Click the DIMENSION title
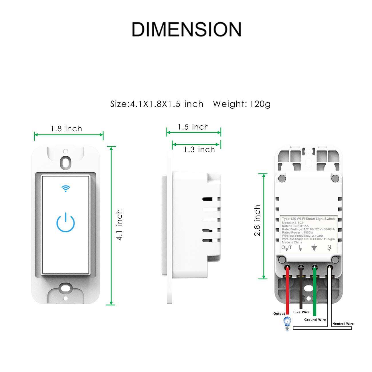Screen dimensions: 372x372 (x=186, y=29)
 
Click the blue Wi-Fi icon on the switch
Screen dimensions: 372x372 (x=66, y=188)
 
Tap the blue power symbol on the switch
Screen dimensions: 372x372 (x=66, y=222)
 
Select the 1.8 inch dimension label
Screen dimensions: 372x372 (x=66, y=129)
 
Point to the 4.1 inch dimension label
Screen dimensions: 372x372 (x=119, y=225)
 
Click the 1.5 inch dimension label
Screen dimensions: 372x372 (x=193, y=127)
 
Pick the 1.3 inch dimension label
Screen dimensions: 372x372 (x=199, y=149)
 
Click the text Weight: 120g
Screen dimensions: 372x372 (x=242, y=104)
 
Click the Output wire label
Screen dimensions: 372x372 (x=279, y=314)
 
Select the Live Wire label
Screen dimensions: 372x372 (x=301, y=312)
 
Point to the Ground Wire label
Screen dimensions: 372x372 (x=315, y=320)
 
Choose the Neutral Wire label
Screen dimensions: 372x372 (x=343, y=324)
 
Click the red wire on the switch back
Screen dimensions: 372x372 (x=287, y=289)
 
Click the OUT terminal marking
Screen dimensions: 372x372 (x=286, y=248)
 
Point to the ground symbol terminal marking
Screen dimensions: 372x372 (x=314, y=248)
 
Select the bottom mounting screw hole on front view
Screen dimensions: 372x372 (x=66, y=288)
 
